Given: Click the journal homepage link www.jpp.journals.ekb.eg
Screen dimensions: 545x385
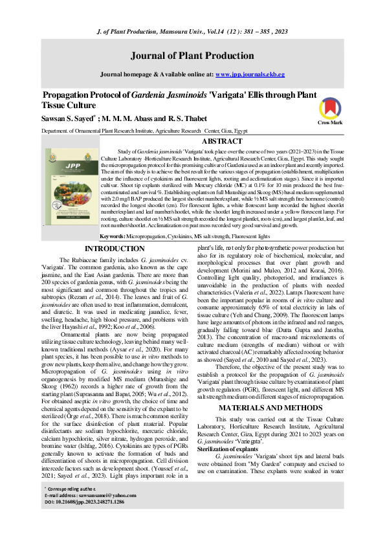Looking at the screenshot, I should pyautogui.click(x=250, y=74).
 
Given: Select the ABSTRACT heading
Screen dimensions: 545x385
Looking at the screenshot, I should pyautogui.click(x=223, y=140).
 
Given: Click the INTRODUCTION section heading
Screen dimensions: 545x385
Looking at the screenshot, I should pyautogui.click(x=115, y=230).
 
